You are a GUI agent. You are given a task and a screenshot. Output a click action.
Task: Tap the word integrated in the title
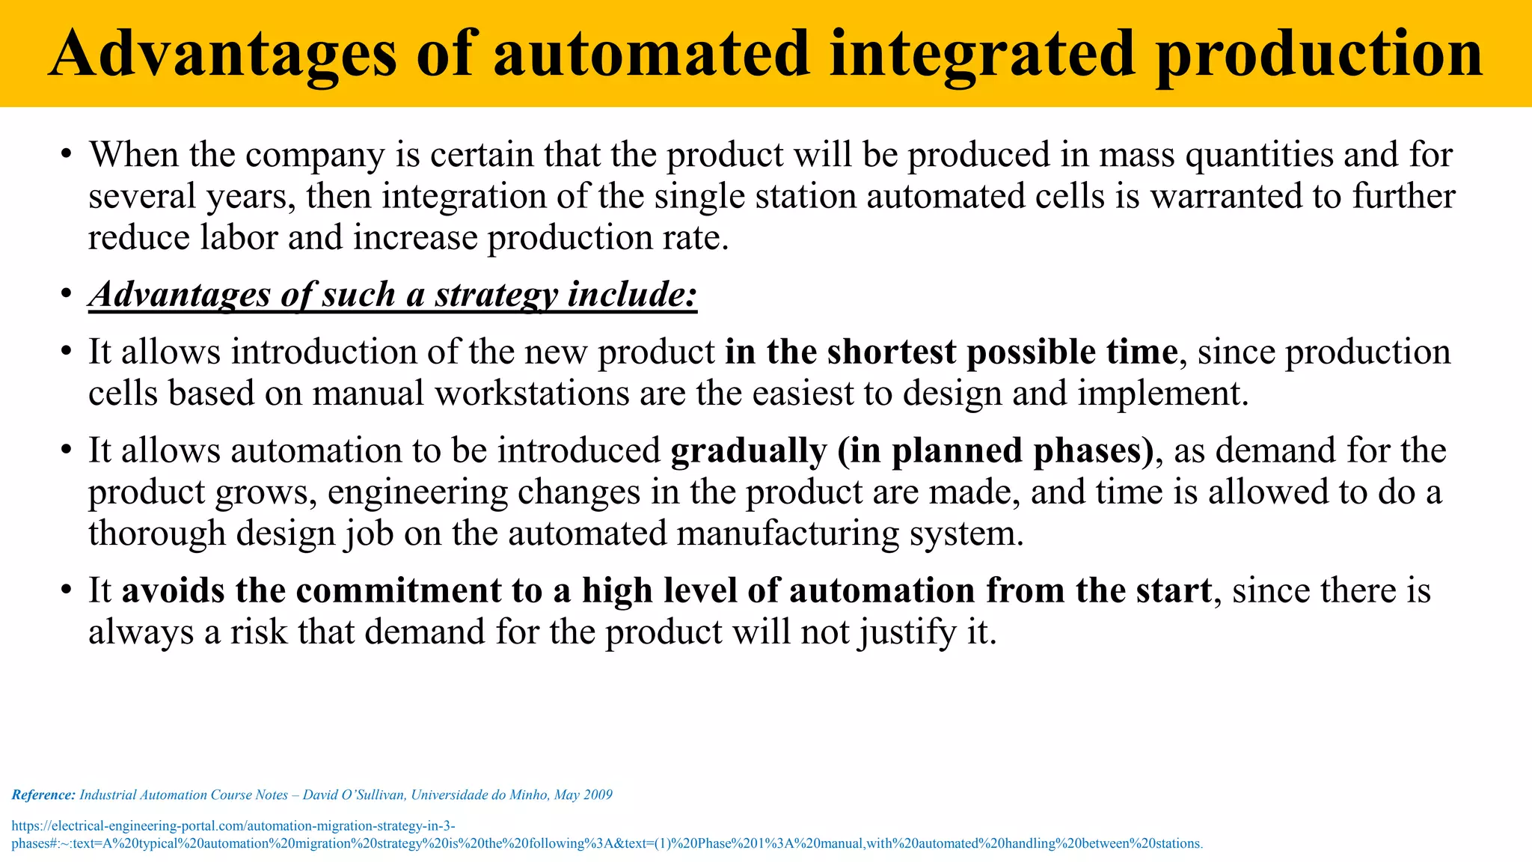(983, 54)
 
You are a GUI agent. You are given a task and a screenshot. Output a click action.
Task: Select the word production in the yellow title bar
(1319, 54)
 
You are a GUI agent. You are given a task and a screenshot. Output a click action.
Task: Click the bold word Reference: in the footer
(43, 795)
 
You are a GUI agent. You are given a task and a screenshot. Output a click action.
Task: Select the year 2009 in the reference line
(598, 795)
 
